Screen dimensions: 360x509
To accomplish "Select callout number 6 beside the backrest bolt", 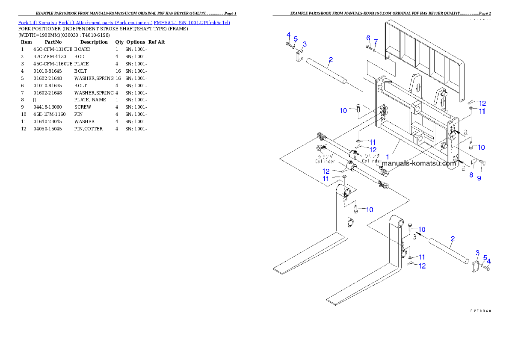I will [x=368, y=38].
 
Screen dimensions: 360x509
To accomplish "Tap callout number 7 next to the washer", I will [x=376, y=42].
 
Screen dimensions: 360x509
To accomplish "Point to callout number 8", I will [x=471, y=175].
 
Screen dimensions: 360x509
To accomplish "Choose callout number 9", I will [x=479, y=178].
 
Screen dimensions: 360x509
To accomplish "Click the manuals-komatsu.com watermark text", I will [x=419, y=163].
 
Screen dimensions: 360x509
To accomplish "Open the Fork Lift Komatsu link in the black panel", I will [x=124, y=22].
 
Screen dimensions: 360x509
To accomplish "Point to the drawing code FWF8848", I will [x=479, y=311].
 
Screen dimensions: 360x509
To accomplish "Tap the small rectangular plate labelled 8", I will [x=473, y=162].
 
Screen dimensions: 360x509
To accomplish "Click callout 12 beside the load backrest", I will [x=482, y=103].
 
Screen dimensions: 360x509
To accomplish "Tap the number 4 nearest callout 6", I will [x=288, y=35].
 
